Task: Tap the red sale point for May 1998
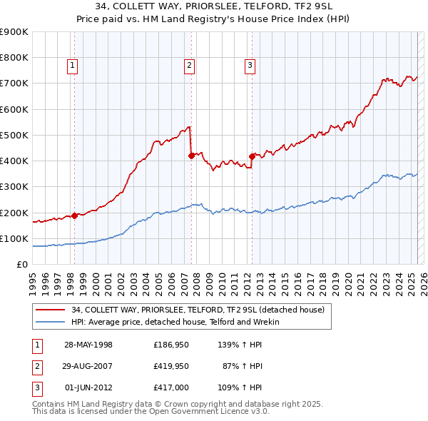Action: [74, 215]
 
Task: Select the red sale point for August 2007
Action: [191, 155]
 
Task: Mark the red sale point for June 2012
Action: [252, 156]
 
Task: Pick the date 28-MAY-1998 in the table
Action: [88, 345]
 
